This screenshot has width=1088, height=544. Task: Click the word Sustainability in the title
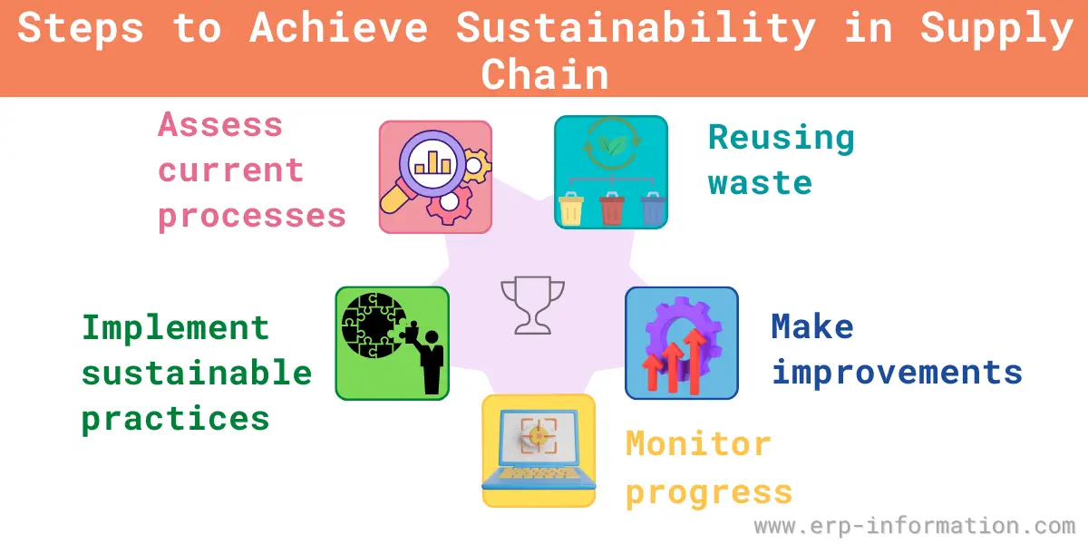636,29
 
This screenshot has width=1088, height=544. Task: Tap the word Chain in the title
545,74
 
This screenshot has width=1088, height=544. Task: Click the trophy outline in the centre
532,305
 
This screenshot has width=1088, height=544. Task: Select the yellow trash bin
570,209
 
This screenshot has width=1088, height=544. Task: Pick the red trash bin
611,209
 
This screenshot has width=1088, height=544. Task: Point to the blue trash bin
653,209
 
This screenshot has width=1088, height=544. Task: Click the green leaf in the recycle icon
612,144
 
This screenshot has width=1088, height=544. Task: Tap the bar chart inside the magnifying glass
432,162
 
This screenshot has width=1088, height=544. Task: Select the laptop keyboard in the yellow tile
538,472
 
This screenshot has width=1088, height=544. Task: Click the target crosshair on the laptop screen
539,436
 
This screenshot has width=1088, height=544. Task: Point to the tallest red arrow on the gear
695,361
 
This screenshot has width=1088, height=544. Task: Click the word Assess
220,125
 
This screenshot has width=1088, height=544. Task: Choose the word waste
760,183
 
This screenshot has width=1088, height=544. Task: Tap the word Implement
175,328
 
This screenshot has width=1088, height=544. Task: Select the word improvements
898,373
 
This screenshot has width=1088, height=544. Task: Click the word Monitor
698,443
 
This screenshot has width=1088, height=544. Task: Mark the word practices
175,419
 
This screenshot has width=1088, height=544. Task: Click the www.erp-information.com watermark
915,526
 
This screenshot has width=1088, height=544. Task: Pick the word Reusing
782,139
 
